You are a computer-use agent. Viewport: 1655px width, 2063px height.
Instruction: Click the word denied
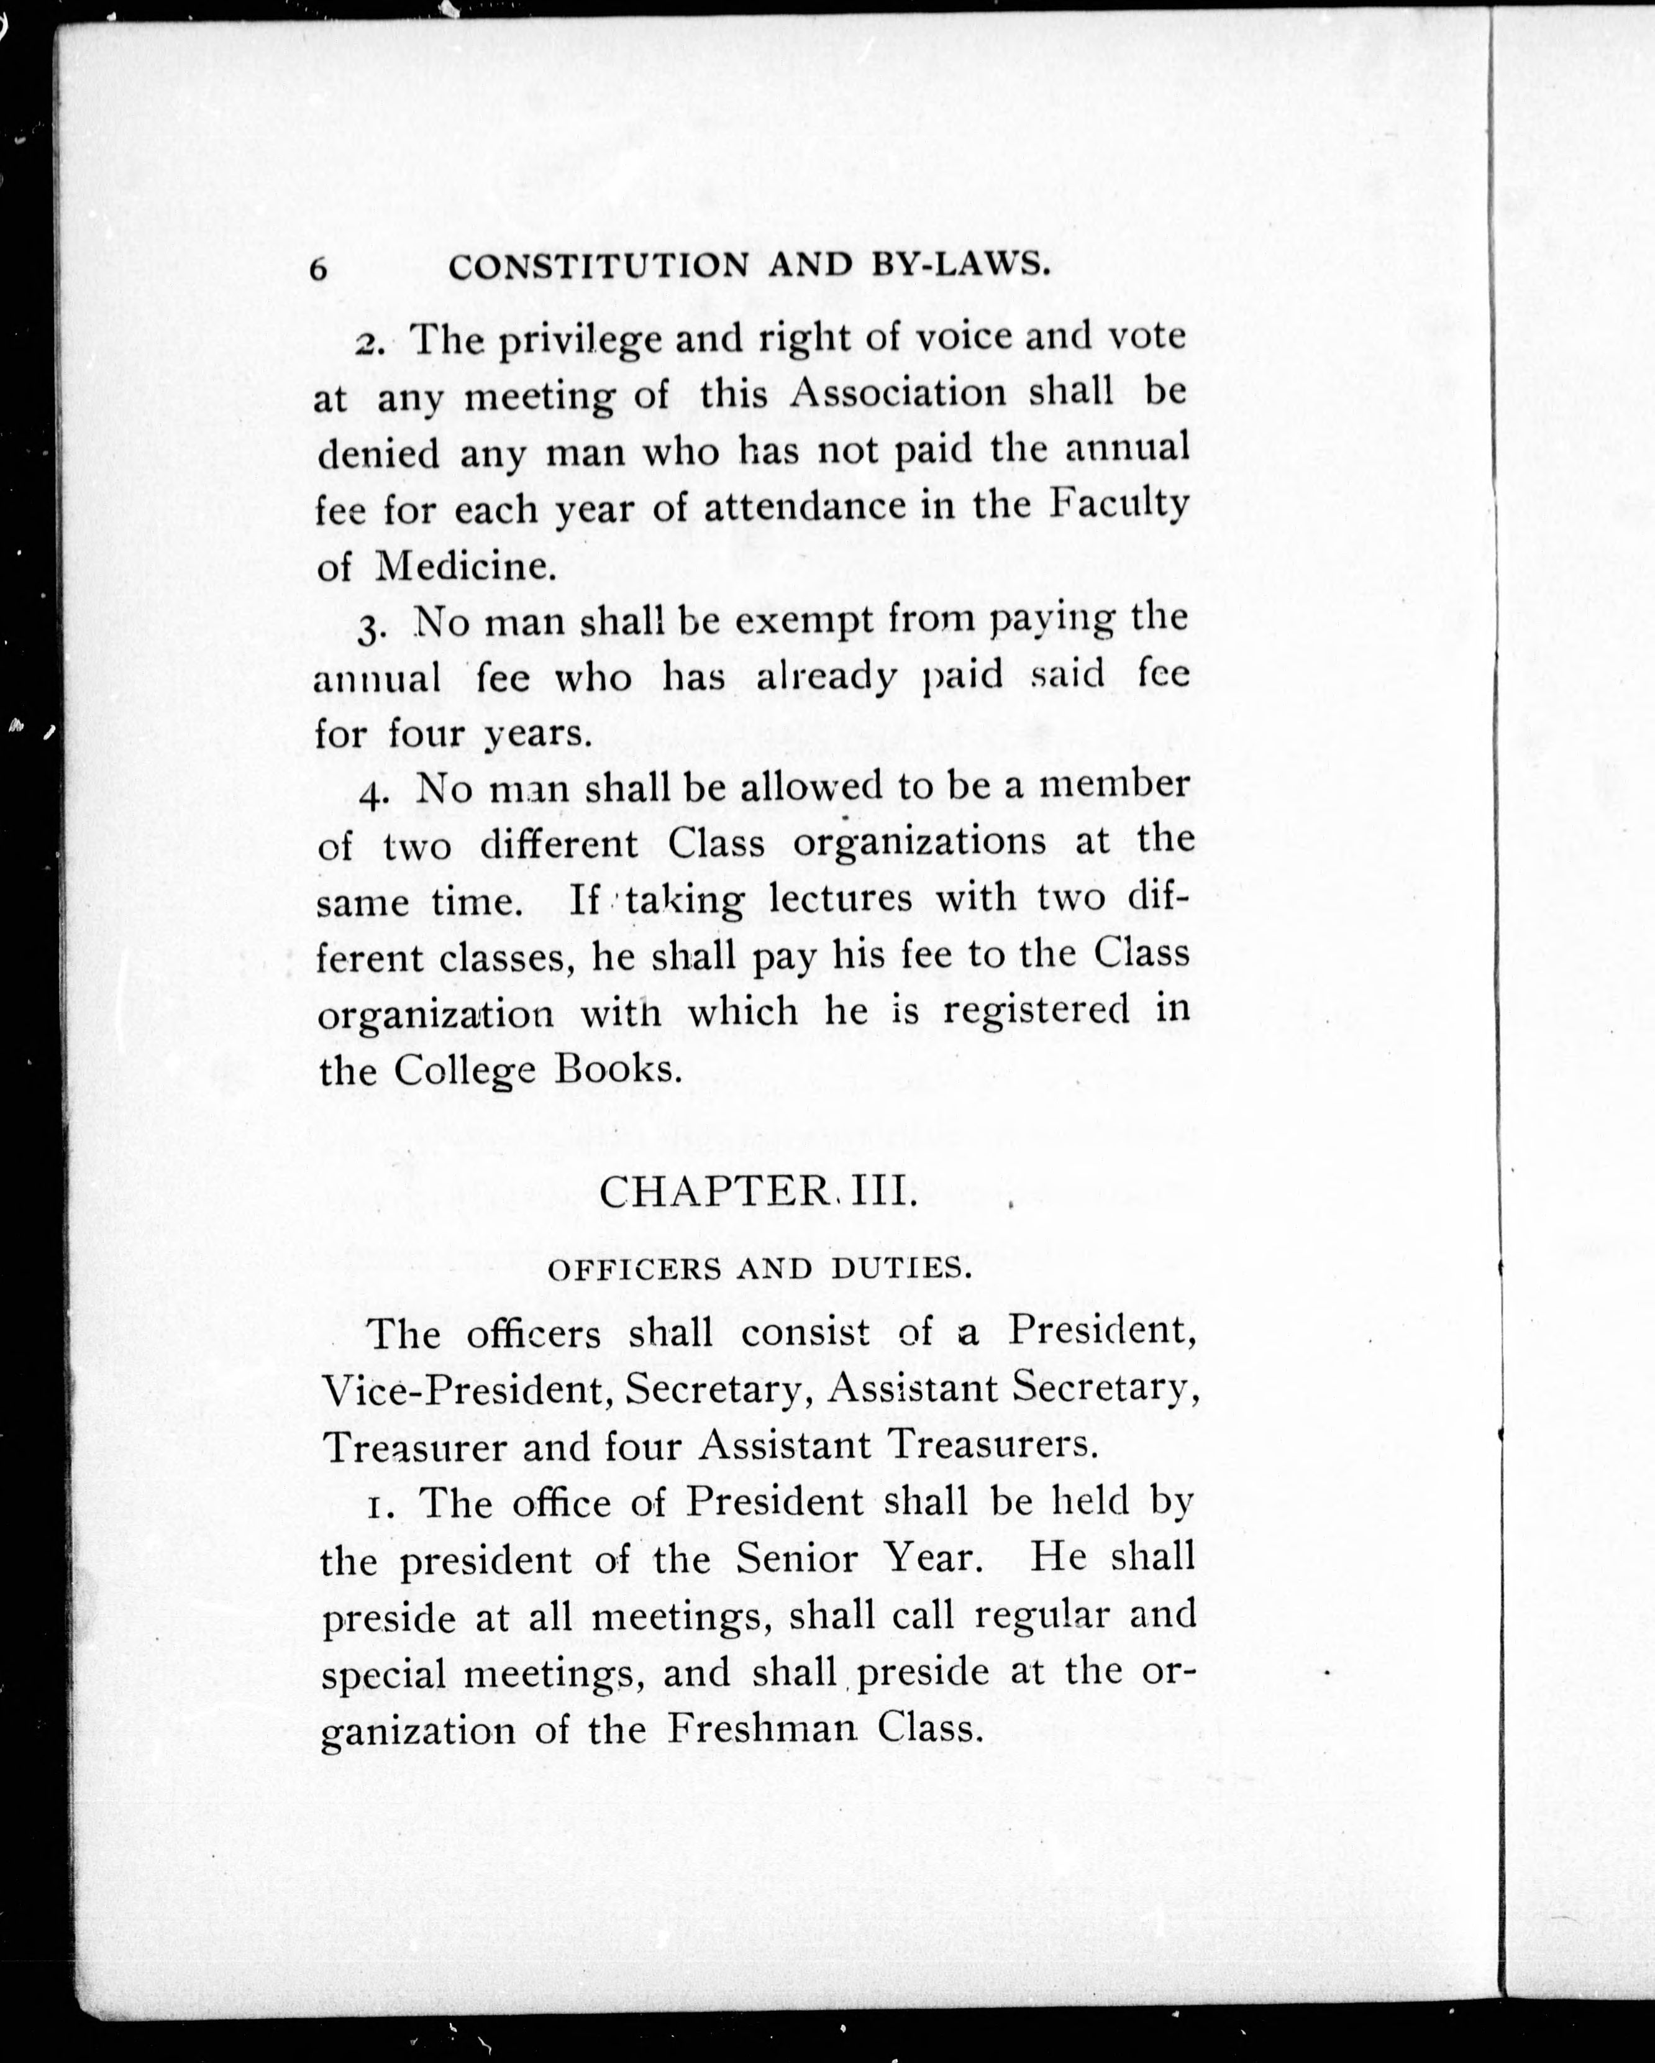click(x=378, y=452)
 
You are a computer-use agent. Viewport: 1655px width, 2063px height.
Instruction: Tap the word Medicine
click(x=465, y=567)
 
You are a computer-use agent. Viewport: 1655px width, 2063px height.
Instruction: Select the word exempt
click(x=803, y=622)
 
